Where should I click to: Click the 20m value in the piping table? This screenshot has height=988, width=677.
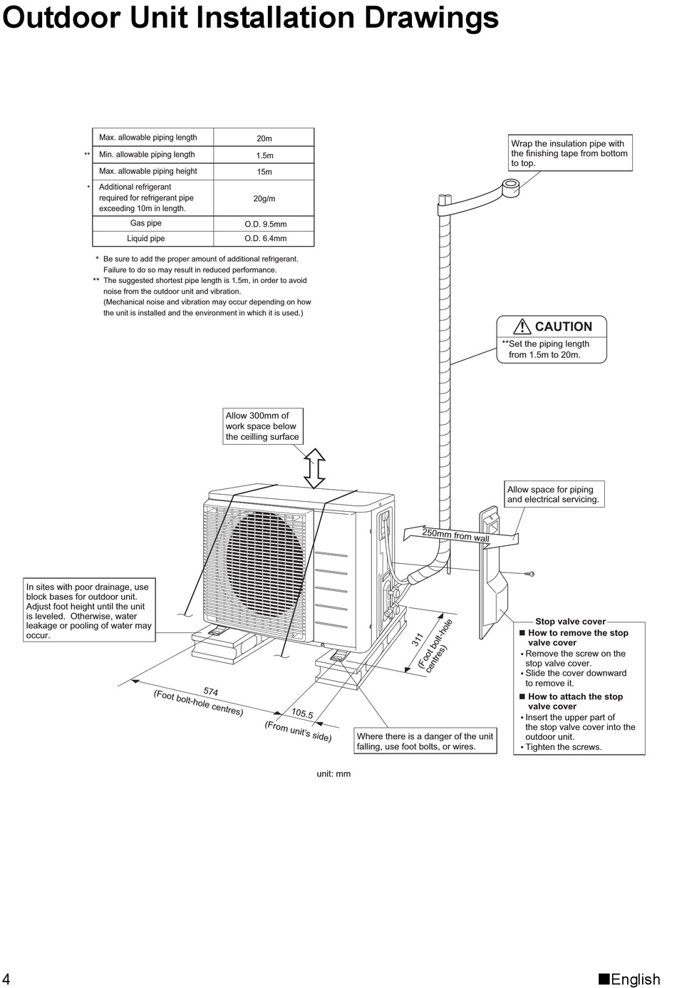[x=264, y=138]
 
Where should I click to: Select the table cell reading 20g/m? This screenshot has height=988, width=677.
[x=264, y=199]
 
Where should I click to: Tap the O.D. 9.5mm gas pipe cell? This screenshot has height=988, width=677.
[x=265, y=224]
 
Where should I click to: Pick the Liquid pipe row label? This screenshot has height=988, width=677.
[x=146, y=239]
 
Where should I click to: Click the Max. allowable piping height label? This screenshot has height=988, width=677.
[x=148, y=171]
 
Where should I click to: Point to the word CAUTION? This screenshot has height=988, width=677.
[x=563, y=326]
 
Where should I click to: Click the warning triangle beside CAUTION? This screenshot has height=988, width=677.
[x=522, y=326]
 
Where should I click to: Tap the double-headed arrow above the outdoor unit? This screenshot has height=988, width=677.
[x=314, y=468]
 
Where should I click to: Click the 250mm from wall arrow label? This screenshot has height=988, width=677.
[x=456, y=535]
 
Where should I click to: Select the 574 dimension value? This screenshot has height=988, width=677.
[x=210, y=691]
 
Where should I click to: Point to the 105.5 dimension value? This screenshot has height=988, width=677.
[x=302, y=713]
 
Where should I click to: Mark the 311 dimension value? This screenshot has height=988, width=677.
[x=418, y=640]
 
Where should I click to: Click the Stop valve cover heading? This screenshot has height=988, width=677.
[x=570, y=622]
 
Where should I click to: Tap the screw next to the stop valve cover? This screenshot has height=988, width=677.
[x=529, y=574]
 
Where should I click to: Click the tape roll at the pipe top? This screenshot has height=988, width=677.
[x=510, y=187]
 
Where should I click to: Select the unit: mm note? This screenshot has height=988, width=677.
[x=334, y=774]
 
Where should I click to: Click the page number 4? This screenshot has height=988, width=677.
[x=6, y=979]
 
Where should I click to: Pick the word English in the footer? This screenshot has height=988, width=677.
[x=636, y=979]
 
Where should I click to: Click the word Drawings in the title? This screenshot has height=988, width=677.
[x=431, y=18]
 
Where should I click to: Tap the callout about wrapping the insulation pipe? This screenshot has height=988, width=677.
[x=569, y=153]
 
